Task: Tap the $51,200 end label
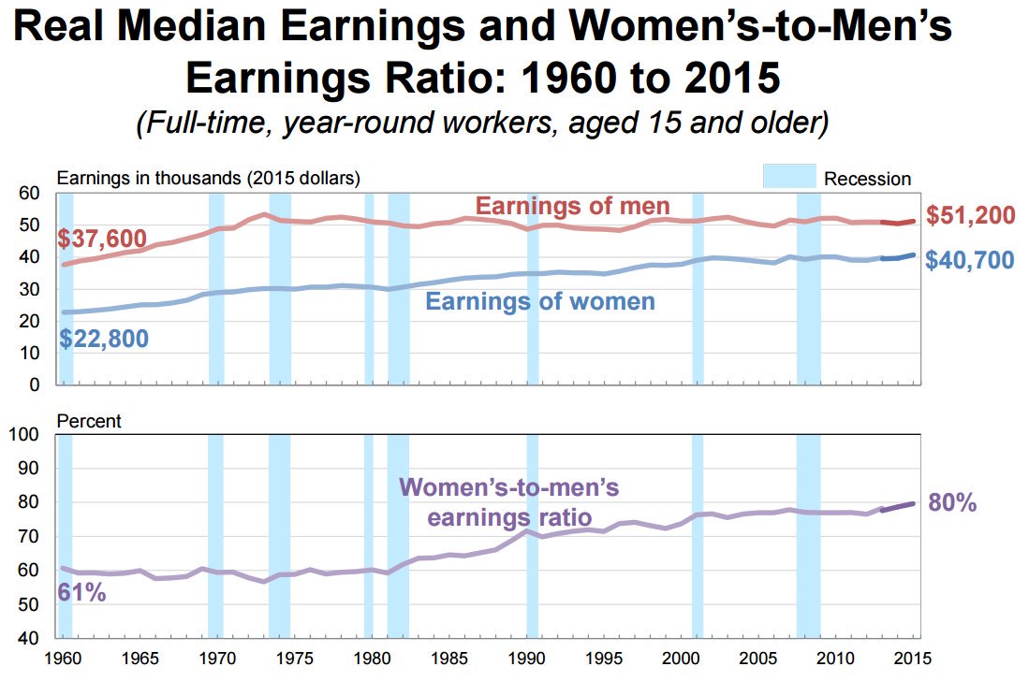970,216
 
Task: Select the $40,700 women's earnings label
970,260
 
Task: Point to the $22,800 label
103,339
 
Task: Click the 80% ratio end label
952,503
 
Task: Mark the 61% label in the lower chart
81,591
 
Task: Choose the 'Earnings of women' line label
539,301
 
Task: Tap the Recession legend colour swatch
787,178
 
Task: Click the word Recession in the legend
867,179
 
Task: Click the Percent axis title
89,421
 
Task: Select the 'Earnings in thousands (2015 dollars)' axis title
209,178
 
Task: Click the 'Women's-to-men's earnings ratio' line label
509,502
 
